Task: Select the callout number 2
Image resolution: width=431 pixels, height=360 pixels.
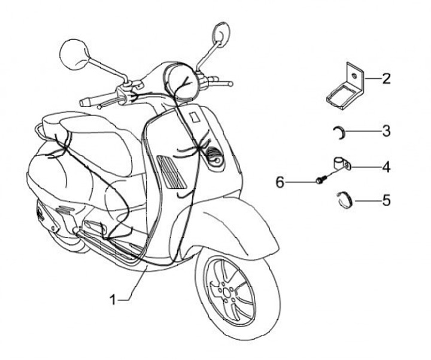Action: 386,78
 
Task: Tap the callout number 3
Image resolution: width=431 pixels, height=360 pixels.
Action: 386,130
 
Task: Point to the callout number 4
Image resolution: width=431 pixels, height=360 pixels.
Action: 386,167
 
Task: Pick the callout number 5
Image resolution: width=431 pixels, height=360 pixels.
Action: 386,200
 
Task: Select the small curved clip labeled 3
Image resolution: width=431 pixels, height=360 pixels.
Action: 338,132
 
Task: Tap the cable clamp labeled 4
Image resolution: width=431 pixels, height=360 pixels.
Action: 341,163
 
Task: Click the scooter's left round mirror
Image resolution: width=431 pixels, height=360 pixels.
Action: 75,54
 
